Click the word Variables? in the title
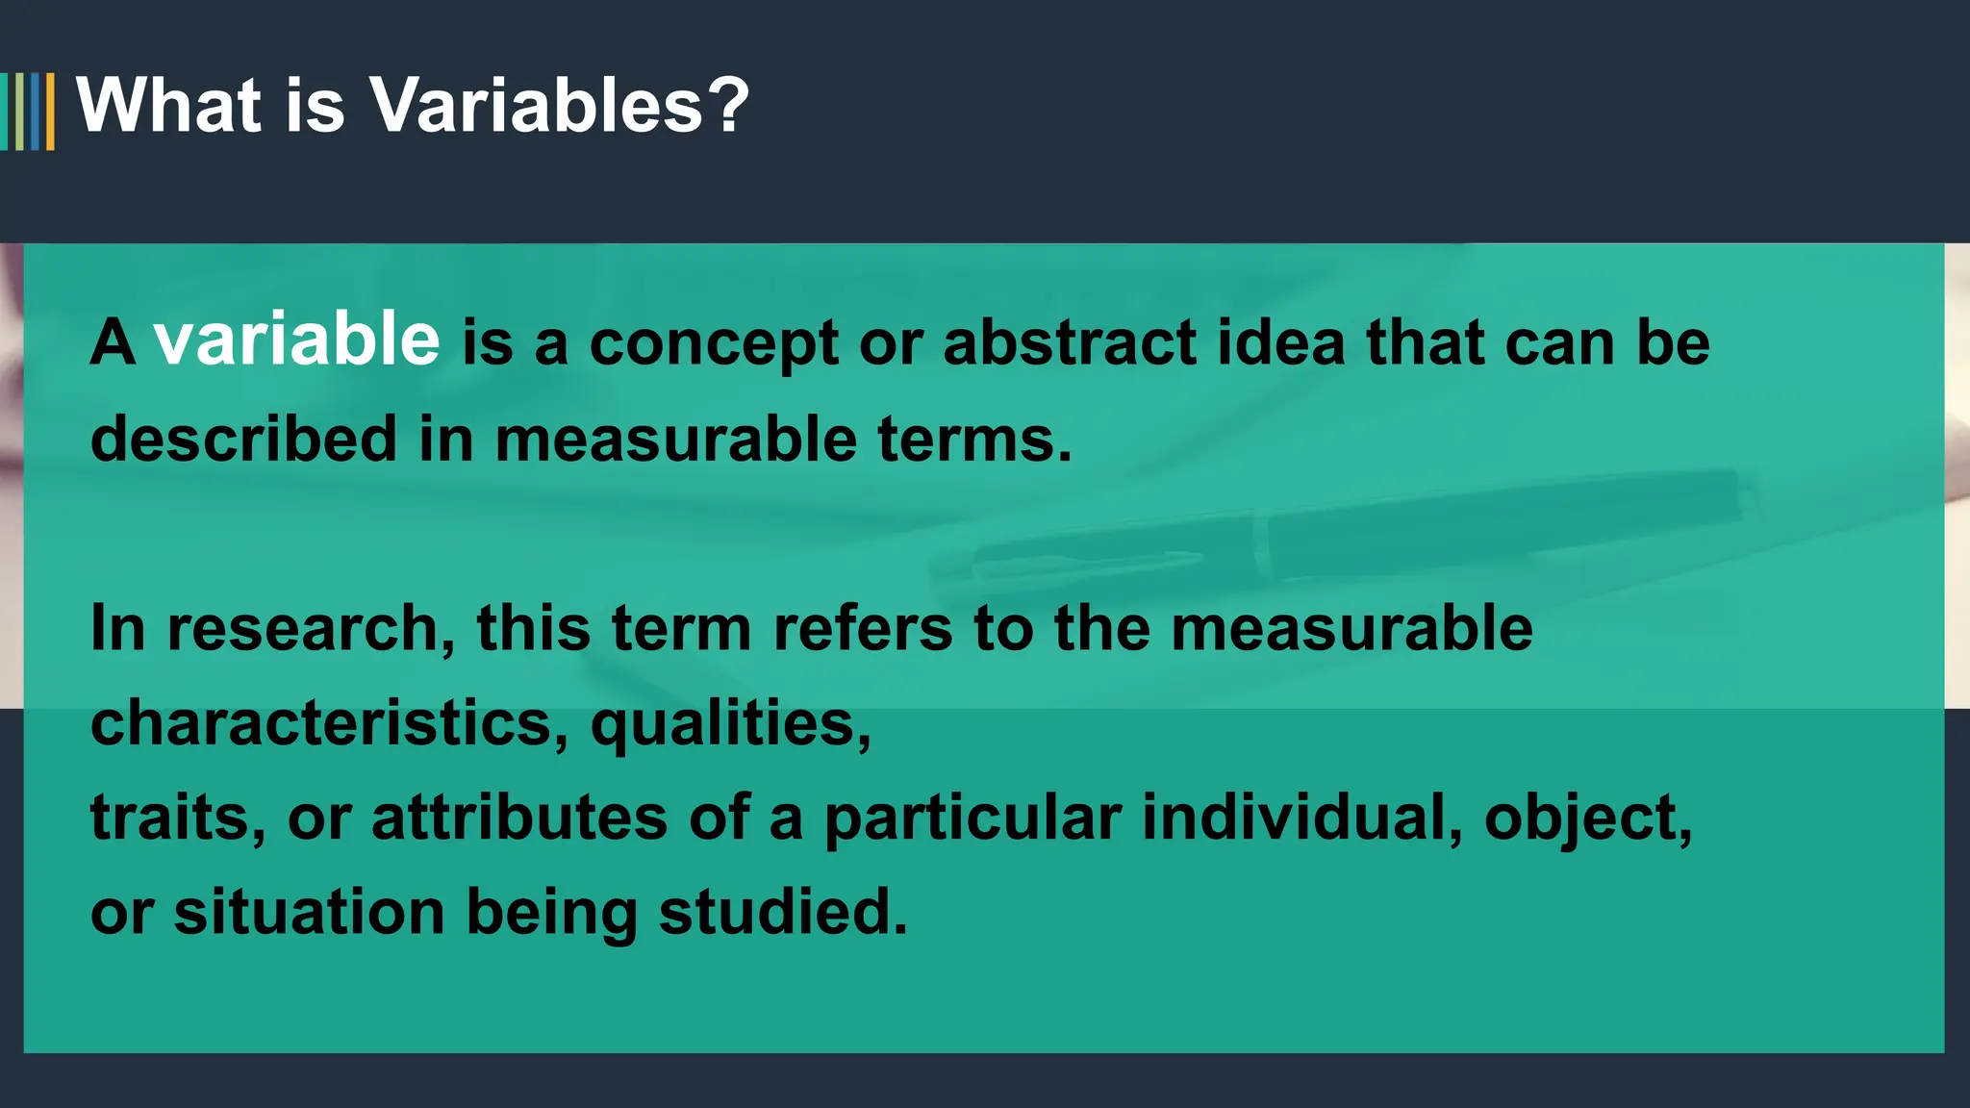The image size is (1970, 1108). (559, 105)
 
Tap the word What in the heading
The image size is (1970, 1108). (169, 105)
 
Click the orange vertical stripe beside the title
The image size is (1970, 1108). (50, 112)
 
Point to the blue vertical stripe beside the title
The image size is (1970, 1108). (36, 112)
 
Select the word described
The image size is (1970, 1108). (243, 439)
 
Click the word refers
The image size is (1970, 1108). (863, 628)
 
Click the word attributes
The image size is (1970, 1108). (519, 818)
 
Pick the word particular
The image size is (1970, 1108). (972, 818)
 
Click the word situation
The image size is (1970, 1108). (309, 913)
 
